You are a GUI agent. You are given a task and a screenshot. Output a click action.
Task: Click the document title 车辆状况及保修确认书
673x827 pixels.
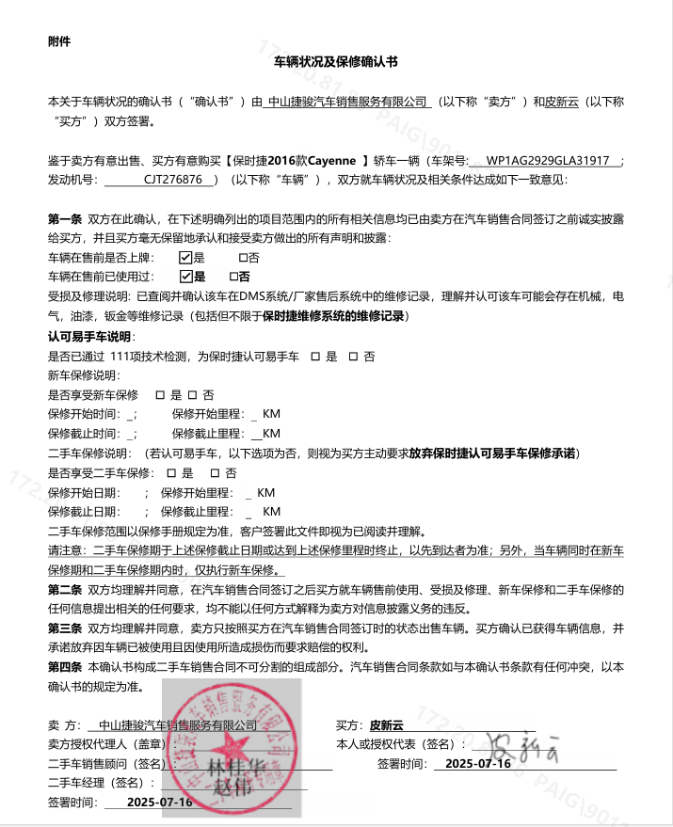click(x=336, y=61)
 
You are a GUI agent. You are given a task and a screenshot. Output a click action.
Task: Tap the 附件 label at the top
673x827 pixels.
click(x=58, y=41)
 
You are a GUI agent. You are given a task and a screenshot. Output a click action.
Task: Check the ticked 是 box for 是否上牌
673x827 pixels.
click(x=185, y=257)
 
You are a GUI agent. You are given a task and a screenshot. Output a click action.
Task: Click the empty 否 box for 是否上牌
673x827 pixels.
click(x=243, y=257)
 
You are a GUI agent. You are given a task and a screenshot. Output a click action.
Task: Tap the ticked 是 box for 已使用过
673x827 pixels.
click(x=185, y=277)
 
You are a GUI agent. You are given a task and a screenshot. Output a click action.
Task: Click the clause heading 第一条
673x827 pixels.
click(x=65, y=218)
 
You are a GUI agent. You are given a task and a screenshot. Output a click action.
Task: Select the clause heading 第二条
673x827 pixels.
click(x=65, y=590)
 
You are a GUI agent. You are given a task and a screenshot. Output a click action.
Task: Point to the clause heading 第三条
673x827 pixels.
click(x=65, y=627)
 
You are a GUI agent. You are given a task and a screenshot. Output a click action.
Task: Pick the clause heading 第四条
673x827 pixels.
click(x=65, y=666)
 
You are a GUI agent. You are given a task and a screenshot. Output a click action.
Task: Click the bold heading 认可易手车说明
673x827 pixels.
click(x=90, y=336)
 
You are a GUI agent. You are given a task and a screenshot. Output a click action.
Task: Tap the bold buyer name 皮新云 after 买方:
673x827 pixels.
click(x=386, y=725)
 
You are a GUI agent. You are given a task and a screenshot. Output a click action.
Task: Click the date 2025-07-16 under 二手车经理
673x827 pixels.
click(x=160, y=803)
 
